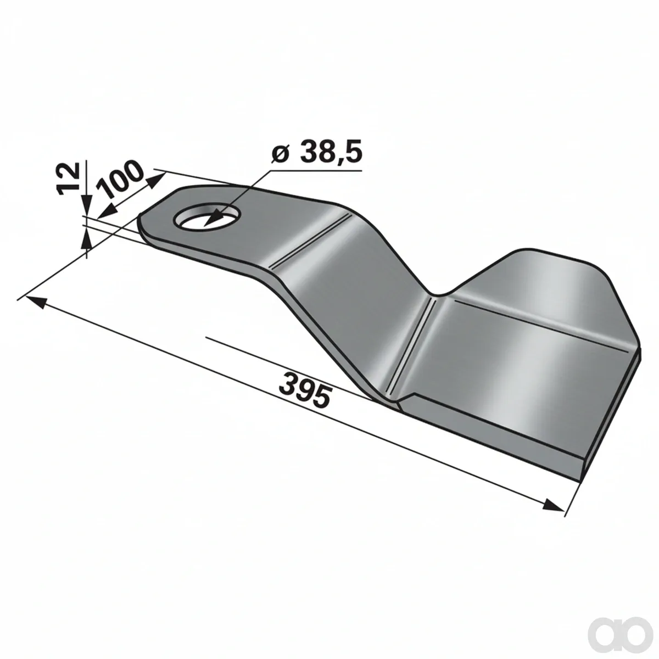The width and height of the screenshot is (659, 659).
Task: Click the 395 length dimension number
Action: click(x=305, y=391)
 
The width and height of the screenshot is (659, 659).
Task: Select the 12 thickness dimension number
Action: click(x=69, y=178)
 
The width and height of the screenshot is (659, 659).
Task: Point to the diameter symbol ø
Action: click(x=281, y=154)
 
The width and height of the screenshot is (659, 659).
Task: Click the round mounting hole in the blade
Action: click(x=207, y=217)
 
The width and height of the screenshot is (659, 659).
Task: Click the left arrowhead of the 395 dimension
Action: click(x=36, y=301)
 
